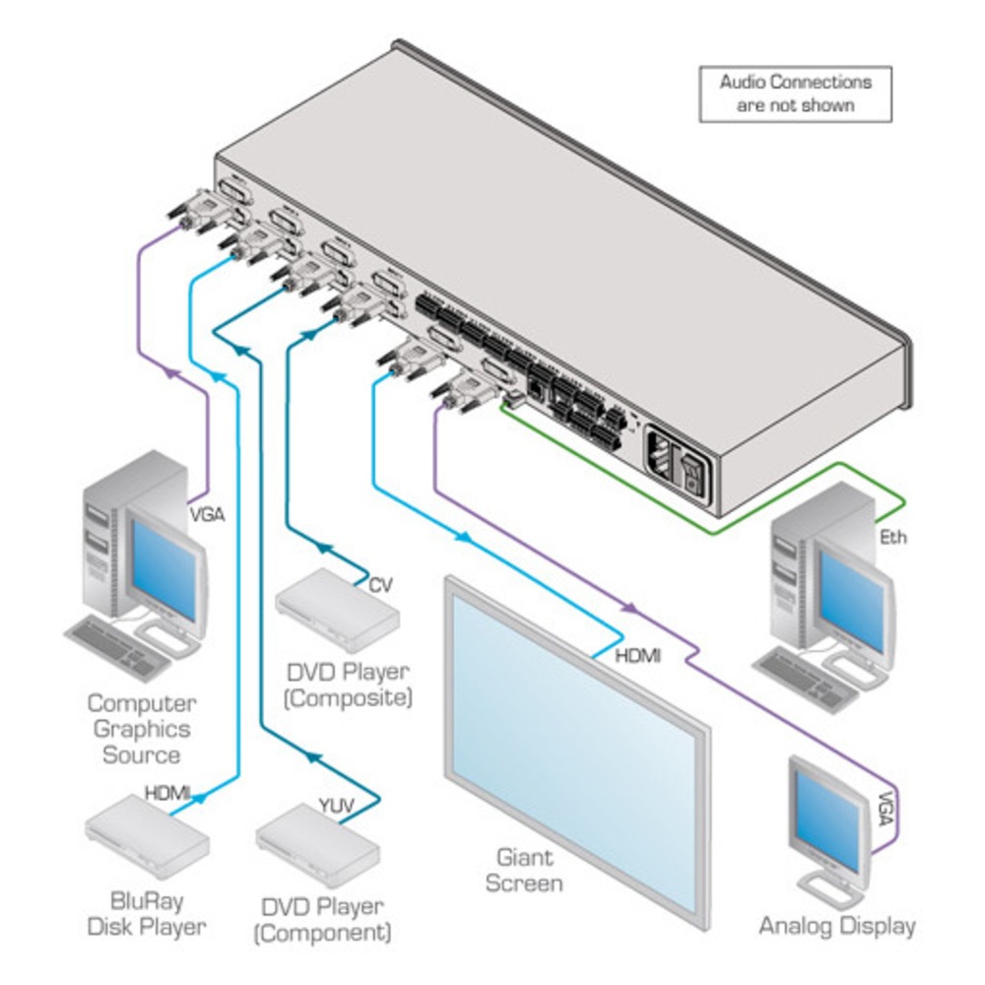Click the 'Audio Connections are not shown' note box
click(x=795, y=94)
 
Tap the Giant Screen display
click(x=576, y=749)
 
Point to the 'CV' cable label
click(x=380, y=585)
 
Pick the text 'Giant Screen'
click(x=528, y=871)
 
